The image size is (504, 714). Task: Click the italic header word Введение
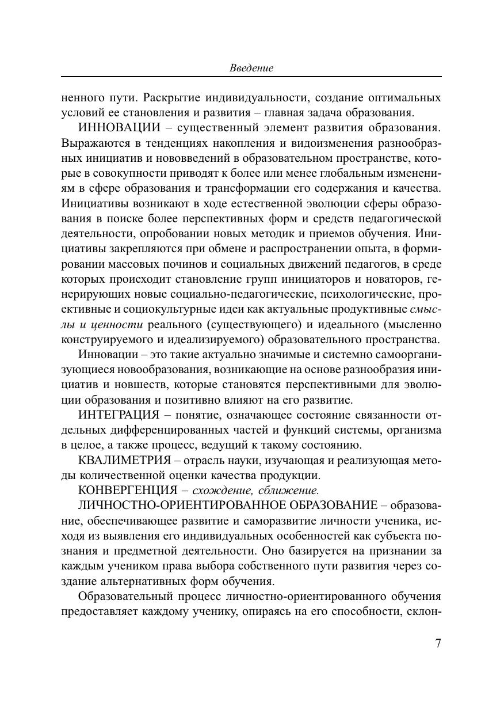pyautogui.click(x=251, y=68)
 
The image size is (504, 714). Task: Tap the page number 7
pyautogui.click(x=438, y=643)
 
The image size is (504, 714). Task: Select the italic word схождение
pyautogui.click(x=225, y=491)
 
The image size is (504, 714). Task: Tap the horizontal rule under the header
pyautogui.click(x=251, y=77)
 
